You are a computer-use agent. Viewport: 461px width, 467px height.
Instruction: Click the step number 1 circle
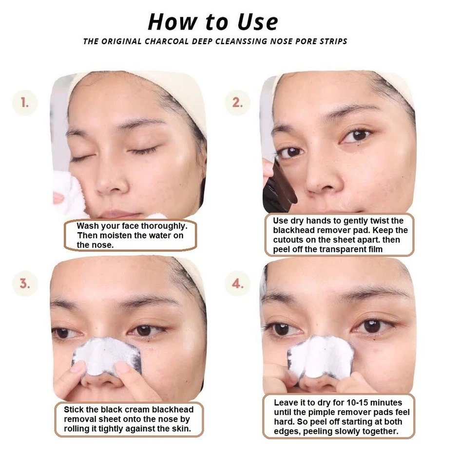(24, 103)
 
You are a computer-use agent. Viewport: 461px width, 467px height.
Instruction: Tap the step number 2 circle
(237, 103)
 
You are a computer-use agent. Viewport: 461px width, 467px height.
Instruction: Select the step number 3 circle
(24, 284)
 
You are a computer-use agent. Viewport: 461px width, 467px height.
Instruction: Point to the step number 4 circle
(237, 284)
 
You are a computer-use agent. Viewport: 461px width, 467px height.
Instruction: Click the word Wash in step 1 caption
(87, 226)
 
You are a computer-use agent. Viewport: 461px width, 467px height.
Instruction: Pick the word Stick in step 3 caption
(75, 410)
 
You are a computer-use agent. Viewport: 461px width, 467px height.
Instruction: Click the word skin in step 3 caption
(177, 429)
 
